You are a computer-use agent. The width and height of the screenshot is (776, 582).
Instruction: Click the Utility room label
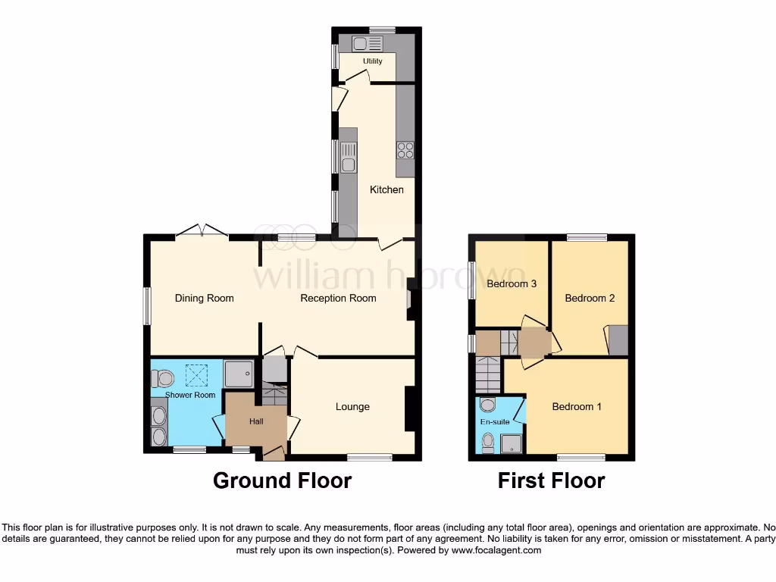pos(372,61)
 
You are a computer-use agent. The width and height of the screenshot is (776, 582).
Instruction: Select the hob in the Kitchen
pos(405,150)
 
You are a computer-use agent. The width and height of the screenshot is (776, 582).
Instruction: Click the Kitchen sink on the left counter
pos(349,164)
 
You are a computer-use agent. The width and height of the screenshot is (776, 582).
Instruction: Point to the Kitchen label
pos(386,189)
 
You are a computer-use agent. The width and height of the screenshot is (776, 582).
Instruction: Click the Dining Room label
pos(205,298)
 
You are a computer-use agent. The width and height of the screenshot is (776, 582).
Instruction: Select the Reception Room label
pos(338,298)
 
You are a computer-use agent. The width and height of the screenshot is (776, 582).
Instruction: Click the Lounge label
pos(352,407)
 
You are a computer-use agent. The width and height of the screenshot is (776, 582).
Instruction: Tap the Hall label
pos(256,421)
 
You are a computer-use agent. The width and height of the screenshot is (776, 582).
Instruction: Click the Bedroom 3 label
pos(512,284)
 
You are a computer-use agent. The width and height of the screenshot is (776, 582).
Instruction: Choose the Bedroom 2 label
pos(590,298)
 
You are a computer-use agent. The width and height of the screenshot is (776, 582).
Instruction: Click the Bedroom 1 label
pos(577,407)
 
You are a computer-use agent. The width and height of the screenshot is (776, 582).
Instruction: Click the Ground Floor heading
pos(282,480)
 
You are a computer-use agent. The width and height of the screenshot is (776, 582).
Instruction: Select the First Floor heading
pos(551,480)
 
